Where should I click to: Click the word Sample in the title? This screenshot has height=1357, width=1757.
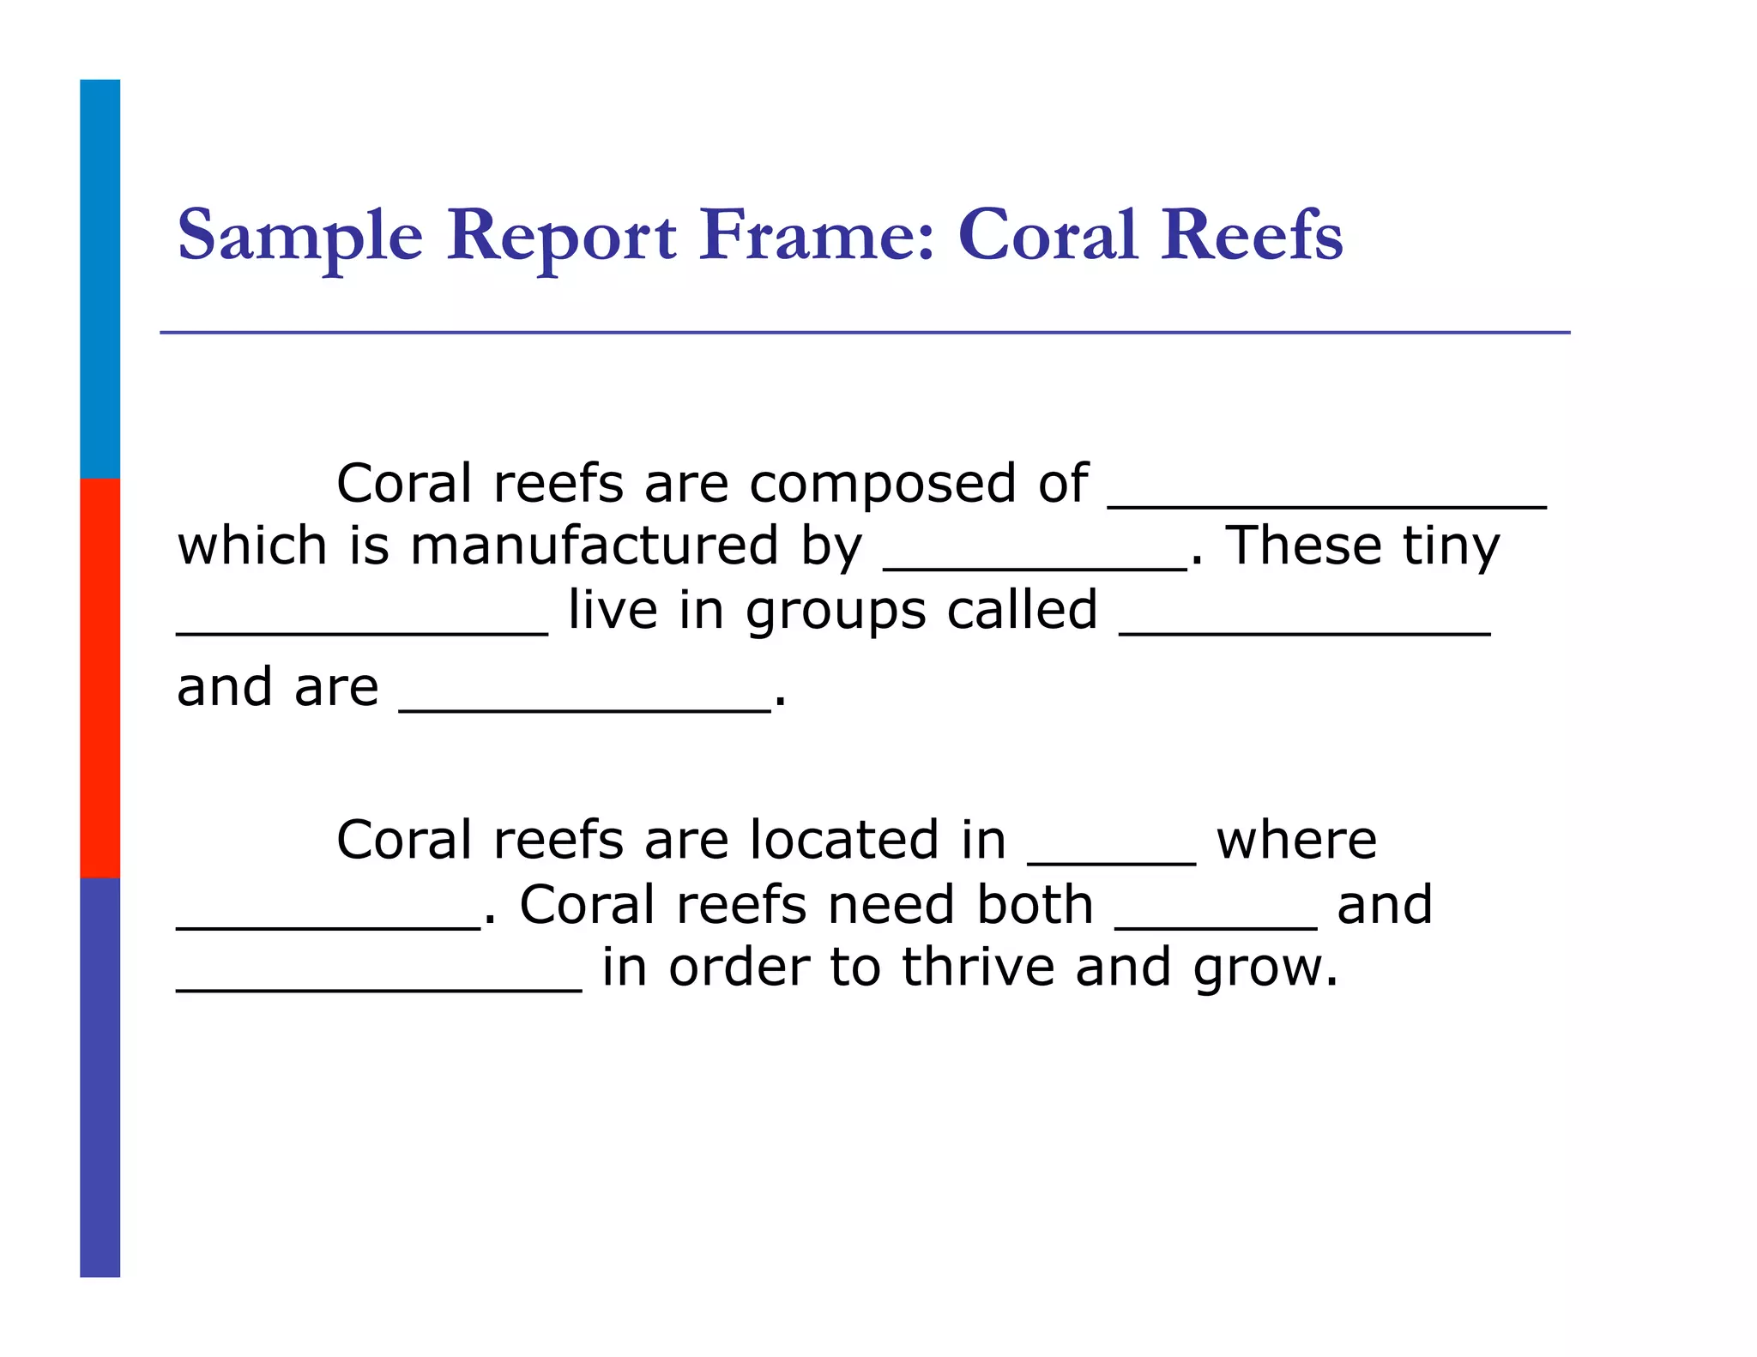coord(300,236)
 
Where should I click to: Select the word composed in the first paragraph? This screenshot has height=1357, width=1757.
coord(884,486)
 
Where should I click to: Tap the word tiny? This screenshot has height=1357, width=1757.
coord(1451,546)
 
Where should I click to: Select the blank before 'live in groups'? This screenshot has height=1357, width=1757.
coord(362,631)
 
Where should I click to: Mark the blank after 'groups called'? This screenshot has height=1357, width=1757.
coord(1305,631)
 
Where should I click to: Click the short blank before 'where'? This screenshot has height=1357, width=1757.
coord(1111,860)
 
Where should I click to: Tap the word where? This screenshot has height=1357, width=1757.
coord(1296,840)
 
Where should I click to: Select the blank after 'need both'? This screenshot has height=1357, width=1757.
coord(1216,926)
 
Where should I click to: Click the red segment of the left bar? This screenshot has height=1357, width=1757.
coord(100,678)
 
